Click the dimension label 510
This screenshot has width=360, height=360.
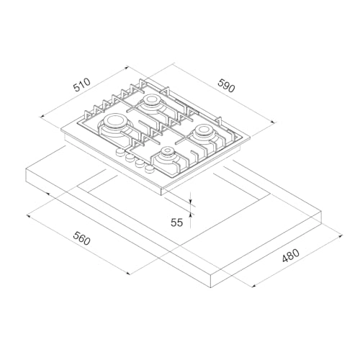tap(83, 84)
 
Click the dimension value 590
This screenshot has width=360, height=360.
tap(227, 88)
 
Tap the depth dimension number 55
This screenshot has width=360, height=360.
tap(177, 223)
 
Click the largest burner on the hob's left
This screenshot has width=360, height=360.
tap(115, 131)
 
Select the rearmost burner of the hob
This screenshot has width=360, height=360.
tap(153, 103)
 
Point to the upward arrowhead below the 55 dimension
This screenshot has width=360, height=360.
tap(191, 211)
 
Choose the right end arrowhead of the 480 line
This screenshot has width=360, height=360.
tap(338, 235)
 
